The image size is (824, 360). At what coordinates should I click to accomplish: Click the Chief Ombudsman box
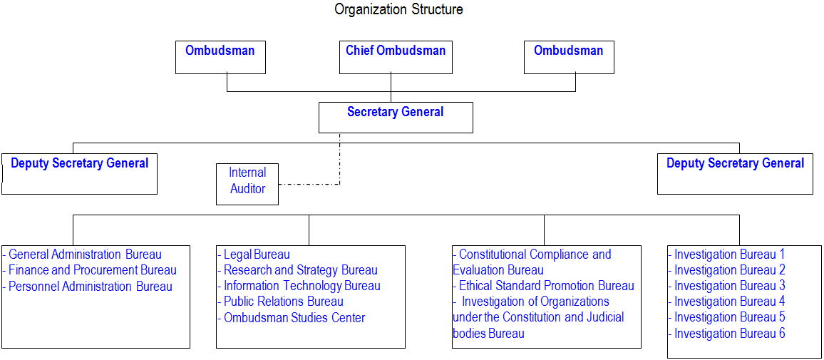[x=396, y=57]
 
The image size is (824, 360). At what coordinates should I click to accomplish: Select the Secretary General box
[x=396, y=117]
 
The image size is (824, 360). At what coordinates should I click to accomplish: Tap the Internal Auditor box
[x=247, y=184]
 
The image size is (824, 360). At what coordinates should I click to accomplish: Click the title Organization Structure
[x=399, y=9]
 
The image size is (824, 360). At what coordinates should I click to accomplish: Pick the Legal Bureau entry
[x=254, y=255]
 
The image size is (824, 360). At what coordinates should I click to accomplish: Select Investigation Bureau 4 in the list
[x=727, y=302]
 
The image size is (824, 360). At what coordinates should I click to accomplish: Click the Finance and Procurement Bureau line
[x=90, y=271]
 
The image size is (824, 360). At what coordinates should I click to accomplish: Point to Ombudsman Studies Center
[x=291, y=318]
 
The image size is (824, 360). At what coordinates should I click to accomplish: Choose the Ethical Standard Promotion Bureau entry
[x=543, y=287]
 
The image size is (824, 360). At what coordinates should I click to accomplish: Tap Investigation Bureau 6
[x=727, y=333]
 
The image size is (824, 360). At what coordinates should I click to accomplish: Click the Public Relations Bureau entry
[x=280, y=302]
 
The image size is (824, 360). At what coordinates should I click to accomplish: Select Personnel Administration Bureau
[x=87, y=287]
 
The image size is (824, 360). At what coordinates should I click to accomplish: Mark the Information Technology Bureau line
[x=299, y=287]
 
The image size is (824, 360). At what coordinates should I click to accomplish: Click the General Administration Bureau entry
[x=82, y=255]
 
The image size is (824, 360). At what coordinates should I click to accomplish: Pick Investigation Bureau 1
[x=727, y=254]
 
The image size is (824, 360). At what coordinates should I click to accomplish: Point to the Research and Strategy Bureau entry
[x=297, y=271]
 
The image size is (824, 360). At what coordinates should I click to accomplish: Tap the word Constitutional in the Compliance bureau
[x=493, y=255]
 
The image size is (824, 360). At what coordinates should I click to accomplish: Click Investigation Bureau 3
[x=727, y=286]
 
